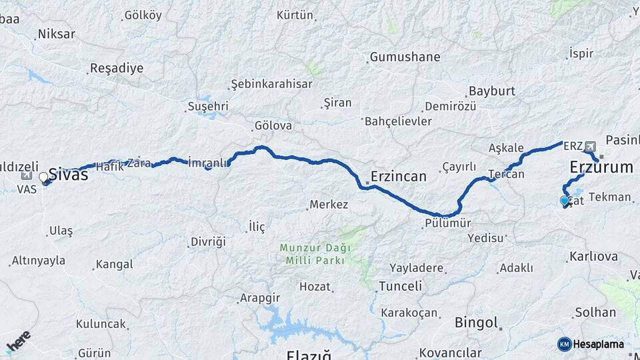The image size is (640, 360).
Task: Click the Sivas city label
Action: [68, 175]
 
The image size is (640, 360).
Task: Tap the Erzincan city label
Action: [399, 177]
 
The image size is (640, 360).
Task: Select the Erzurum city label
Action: [601, 167]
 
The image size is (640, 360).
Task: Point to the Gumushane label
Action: [405, 57]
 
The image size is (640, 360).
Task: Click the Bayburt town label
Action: [492, 91]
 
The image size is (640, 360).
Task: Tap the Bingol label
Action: [477, 323]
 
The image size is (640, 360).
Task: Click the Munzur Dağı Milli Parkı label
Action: [313, 254]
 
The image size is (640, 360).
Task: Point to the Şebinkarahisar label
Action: [271, 84]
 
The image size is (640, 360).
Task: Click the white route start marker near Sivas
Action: [44, 177]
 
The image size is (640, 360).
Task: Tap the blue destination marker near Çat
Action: [565, 201]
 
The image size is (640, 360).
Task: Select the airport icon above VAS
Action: [27, 176]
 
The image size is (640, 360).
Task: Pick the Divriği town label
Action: [208, 241]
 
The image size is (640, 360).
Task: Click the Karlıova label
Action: [593, 257]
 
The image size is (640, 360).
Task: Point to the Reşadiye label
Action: [117, 68]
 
